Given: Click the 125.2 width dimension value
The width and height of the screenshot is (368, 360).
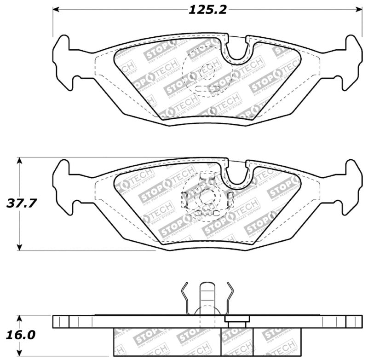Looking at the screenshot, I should pyautogui.click(x=207, y=10).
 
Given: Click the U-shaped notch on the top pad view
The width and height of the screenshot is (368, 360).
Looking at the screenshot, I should pyautogui.click(x=237, y=51).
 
